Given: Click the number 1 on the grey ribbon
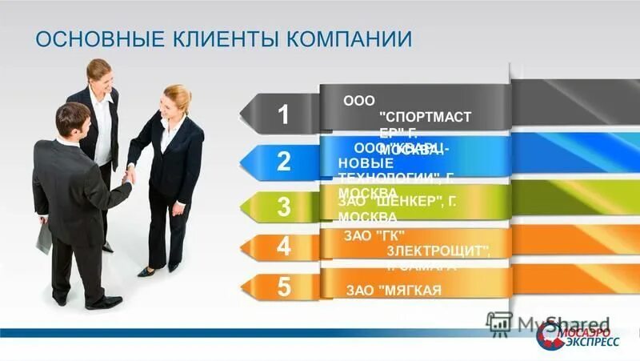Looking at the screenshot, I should [284, 114].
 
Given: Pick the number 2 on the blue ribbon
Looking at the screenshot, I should [284, 162].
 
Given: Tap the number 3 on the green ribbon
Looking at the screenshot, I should [284, 207].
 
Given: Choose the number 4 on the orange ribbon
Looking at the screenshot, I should [284, 247].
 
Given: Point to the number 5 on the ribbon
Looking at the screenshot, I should [284, 287].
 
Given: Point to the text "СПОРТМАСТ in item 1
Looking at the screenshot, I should [424, 117].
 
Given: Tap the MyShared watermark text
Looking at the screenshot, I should [552, 323].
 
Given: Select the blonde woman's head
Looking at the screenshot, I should [177, 100].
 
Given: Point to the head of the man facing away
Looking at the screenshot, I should [74, 120].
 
